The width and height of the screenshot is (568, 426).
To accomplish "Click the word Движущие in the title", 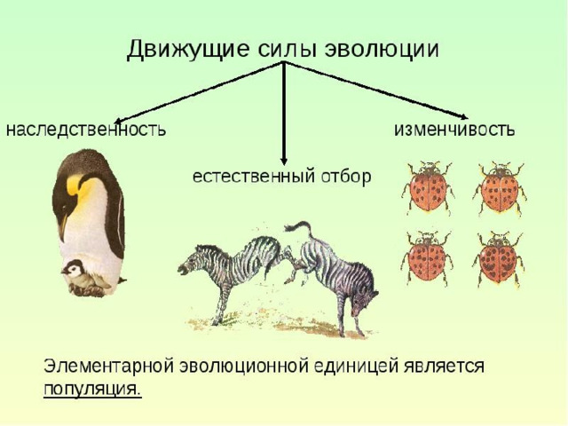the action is tap(188, 50).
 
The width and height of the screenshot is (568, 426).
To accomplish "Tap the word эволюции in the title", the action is tap(382, 50).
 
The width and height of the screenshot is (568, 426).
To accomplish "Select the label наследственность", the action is tap(86, 130).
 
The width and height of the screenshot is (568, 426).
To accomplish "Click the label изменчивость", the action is tap(454, 129).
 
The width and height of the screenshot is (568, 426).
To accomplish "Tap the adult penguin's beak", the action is tap(63, 226).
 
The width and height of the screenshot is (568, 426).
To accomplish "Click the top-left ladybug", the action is tap(428, 187).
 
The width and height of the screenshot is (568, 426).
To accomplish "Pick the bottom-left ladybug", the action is tap(428, 258).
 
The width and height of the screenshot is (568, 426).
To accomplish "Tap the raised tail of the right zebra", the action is tap(300, 227).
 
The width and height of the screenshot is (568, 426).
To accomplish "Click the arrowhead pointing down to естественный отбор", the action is tap(284, 161).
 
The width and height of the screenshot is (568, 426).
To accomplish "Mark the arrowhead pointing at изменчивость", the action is tap(463, 116).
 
